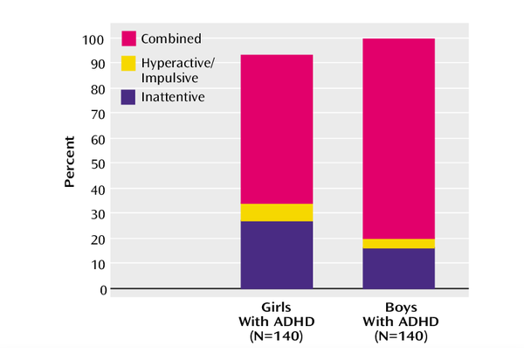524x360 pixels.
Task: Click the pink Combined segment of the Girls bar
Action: tap(276, 128)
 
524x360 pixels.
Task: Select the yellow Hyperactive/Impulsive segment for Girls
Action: tap(276, 212)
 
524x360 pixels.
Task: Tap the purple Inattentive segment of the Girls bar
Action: tap(276, 254)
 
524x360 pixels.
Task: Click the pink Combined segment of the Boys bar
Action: tap(398, 138)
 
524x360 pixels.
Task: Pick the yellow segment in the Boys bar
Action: tap(398, 243)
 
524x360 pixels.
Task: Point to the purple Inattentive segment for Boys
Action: tap(398, 268)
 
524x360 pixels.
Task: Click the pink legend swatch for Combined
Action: tap(128, 38)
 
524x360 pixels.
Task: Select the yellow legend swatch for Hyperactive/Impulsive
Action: tap(128, 64)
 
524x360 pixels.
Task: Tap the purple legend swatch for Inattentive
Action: tap(128, 97)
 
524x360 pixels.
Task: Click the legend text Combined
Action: tap(172, 38)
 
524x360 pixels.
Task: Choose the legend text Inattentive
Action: tap(174, 97)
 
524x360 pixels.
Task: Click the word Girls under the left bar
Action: tap(276, 308)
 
